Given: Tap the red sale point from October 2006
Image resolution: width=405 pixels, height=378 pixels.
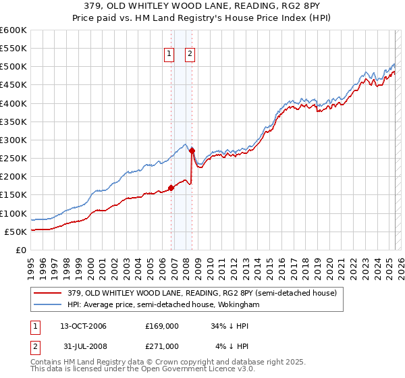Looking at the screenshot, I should tap(171, 188).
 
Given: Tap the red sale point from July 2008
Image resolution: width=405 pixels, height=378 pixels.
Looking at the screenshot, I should tap(192, 151).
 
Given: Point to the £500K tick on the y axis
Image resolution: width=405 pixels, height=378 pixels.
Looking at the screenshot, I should tap(13, 67).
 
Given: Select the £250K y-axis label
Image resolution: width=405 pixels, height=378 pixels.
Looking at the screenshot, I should tap(13, 159).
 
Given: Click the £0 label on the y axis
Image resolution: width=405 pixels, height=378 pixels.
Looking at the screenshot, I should tap(22, 250).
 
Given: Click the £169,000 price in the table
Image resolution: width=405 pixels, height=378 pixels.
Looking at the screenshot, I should tap(162, 326).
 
